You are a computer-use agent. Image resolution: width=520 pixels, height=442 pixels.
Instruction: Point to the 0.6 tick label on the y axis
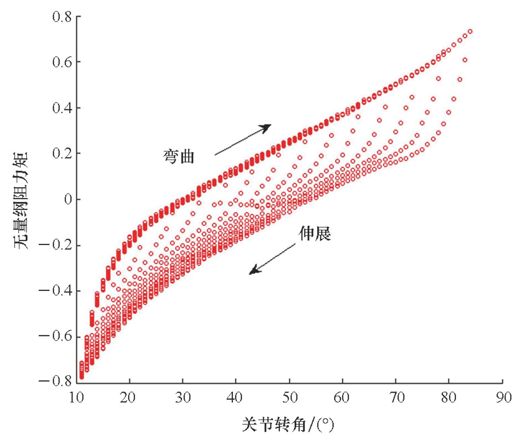pos(62,62)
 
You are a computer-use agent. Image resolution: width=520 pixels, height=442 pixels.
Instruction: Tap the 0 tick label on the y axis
pos(68,199)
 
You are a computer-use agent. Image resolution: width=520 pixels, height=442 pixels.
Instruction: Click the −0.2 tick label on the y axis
pos(55,245)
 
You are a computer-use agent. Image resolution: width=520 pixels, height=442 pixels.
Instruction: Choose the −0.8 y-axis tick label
pos(55,381)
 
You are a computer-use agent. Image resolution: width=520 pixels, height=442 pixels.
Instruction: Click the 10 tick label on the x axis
pos(77,397)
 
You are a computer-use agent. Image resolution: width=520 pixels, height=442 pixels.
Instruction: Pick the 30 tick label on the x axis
pos(182,397)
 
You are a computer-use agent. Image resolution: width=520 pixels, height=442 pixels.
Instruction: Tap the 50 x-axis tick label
pos(289,397)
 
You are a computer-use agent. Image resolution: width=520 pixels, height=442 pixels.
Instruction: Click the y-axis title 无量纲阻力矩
pos(21,200)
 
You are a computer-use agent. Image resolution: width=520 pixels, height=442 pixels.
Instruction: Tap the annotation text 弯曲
pos(179,156)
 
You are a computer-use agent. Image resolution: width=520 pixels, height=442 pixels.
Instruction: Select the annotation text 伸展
pos(315,233)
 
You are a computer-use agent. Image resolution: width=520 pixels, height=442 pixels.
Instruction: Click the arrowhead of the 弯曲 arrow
pos(268,126)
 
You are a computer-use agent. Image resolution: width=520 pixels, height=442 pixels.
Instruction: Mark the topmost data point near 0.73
pos(470,31)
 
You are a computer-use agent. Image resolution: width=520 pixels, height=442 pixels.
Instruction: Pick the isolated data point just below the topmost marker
pos(465,60)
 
